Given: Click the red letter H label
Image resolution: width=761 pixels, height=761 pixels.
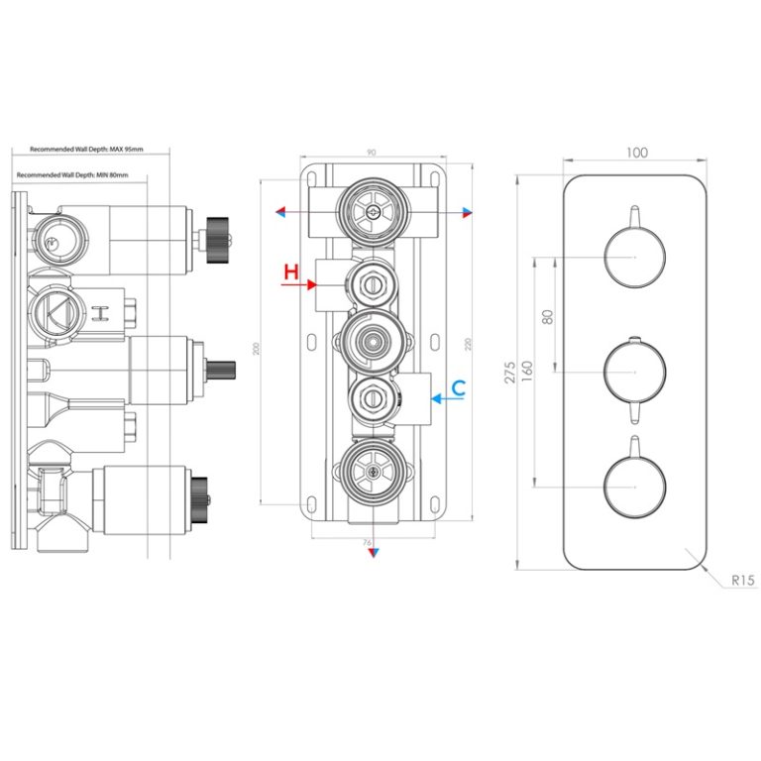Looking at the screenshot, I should pos(290,272).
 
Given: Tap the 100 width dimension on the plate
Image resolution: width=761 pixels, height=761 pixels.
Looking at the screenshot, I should pos(637,153).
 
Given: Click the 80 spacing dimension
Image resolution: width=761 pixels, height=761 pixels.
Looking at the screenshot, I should pos(547,317).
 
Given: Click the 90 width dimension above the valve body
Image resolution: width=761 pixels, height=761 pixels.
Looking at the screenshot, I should pos(371,153).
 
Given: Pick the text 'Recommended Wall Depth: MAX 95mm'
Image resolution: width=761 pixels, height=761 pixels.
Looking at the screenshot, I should pos(86,150).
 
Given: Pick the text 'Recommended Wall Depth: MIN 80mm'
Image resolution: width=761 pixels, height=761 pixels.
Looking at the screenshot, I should pos(86,174).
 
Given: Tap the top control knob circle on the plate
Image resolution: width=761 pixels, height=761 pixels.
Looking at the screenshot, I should pos(634,257).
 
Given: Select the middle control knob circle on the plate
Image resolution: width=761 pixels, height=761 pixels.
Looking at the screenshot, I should pos(634,372).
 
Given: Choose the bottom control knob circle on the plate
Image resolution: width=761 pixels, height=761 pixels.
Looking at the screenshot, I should pos(634,488).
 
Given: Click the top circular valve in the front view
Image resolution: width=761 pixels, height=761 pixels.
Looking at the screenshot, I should pos(371,211).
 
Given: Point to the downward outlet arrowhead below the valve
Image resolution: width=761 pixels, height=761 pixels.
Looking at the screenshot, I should pos(372,555).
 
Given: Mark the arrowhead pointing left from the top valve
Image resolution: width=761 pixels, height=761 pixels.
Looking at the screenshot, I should pos(280,212).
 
